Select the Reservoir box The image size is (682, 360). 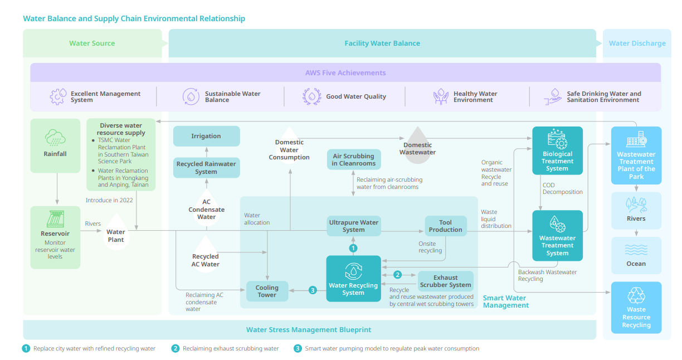click(55, 237)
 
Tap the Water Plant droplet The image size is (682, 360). click(116, 233)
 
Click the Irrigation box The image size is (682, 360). click(206, 136)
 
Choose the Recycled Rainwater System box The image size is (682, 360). click(206, 168)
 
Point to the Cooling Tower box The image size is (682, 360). click(267, 291)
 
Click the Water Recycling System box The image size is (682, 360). click(353, 279)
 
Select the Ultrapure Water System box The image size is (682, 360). click(353, 226)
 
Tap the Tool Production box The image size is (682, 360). click(446, 226)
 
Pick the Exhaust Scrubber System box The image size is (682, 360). click(446, 281)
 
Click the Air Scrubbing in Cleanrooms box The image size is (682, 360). click(354, 159)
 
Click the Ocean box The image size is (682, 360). click(636, 255)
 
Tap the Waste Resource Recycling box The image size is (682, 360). click(636, 308)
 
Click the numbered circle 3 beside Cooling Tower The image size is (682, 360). click(313, 290)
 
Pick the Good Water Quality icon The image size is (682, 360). click(312, 96)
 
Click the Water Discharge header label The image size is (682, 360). click(637, 43)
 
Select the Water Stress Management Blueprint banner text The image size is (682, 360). click(309, 330)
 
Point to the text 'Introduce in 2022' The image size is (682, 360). click(109, 200)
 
